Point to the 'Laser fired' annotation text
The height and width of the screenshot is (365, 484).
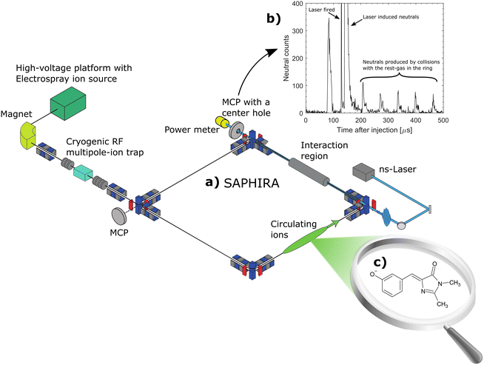click(x=324, y=8)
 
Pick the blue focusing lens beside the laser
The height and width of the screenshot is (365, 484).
click(x=386, y=217)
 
